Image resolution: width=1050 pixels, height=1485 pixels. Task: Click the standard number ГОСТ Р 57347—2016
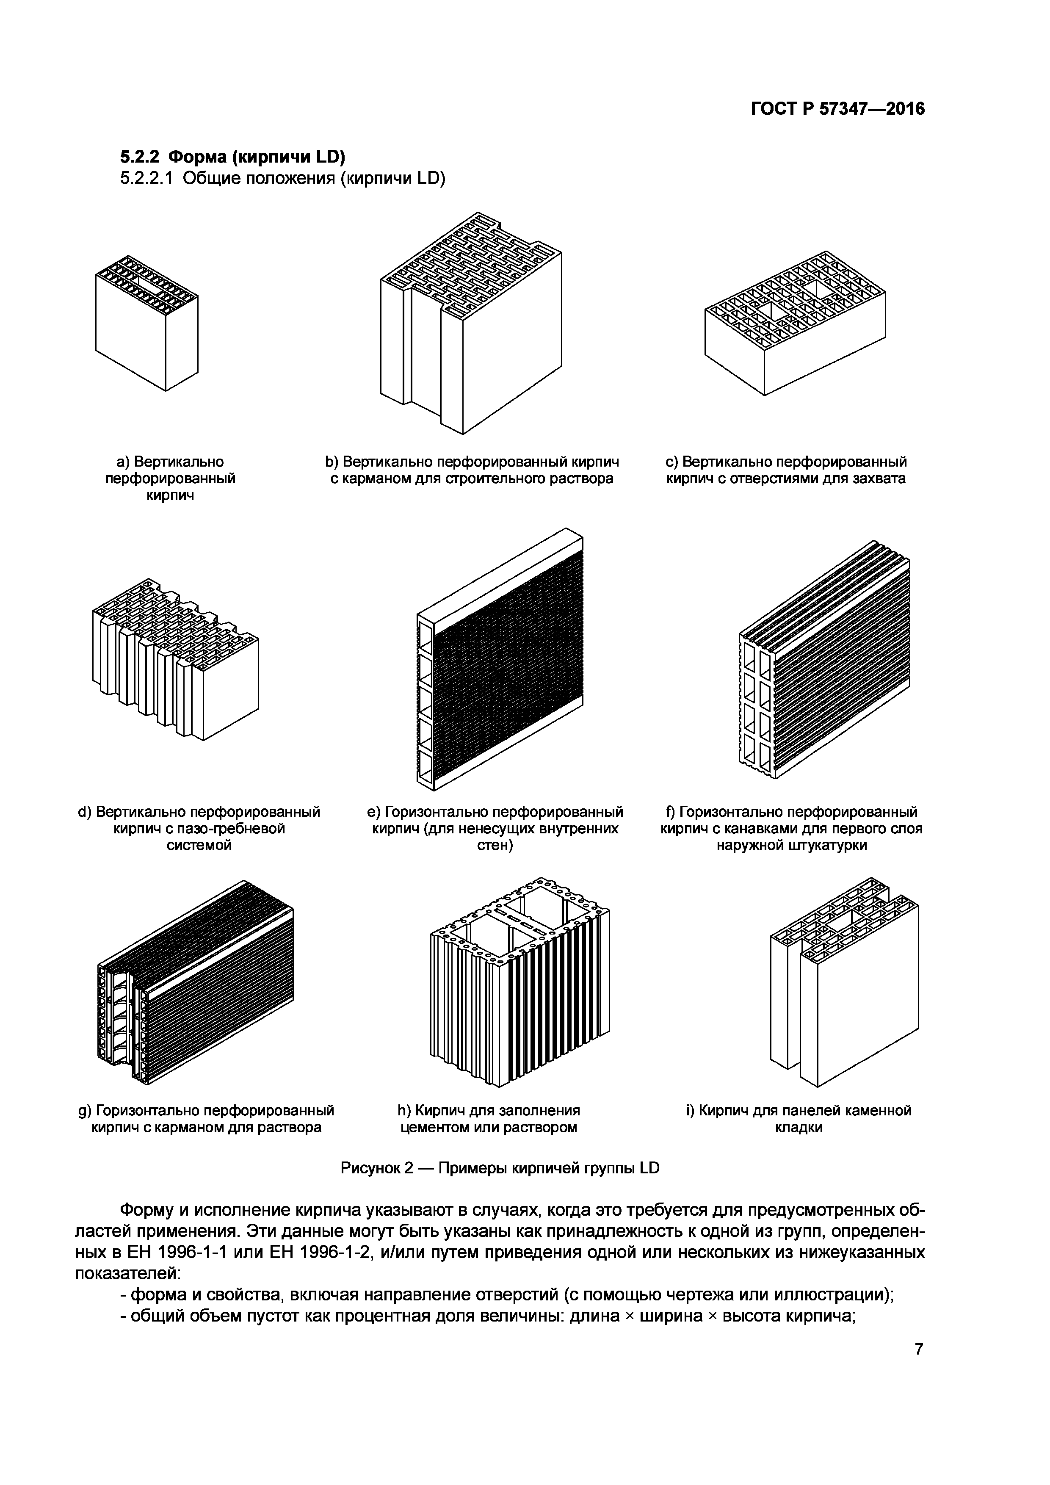coord(837,109)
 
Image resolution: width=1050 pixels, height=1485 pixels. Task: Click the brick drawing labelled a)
coord(147,324)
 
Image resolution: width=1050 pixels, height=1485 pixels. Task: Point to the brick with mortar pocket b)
coord(471,324)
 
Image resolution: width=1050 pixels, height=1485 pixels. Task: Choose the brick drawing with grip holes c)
coord(795,324)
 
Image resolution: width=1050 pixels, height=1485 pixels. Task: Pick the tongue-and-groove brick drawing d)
coord(176,660)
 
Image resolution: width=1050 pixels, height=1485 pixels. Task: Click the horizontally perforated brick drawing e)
coord(500,660)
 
